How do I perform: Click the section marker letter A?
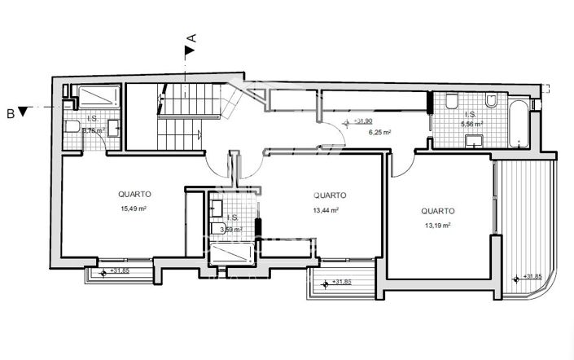coord(192,37)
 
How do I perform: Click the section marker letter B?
coord(11,112)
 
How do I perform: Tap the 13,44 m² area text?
coord(325,209)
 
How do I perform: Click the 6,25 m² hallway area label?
coord(380,132)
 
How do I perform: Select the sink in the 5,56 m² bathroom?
coord(471,143)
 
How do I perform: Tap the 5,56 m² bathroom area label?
coord(473,125)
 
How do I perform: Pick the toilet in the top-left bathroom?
coord(72,128)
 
